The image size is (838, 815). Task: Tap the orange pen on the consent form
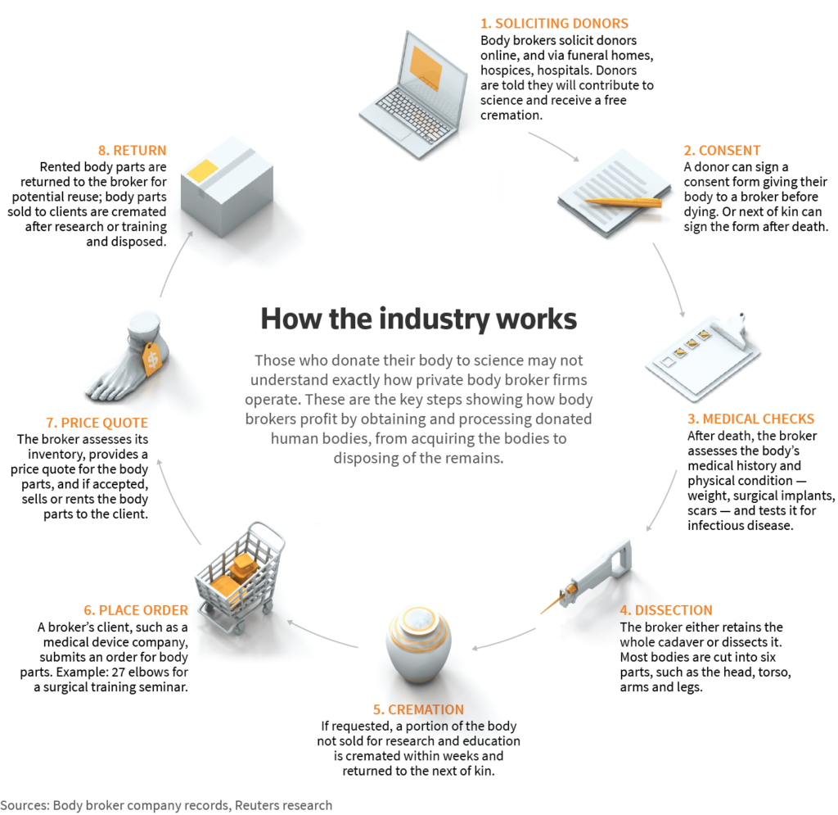click(623, 202)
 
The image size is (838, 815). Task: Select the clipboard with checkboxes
click(703, 357)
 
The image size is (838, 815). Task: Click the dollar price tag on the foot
click(152, 359)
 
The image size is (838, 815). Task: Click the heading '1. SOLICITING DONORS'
click(554, 24)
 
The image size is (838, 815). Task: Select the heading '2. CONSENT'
click(722, 150)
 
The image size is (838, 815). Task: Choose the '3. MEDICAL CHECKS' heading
click(751, 419)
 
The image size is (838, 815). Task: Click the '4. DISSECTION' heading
click(666, 610)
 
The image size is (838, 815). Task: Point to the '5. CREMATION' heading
click(418, 709)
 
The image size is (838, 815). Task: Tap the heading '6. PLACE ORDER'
click(136, 610)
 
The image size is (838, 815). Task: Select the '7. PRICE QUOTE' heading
click(97, 423)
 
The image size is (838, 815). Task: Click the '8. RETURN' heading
click(132, 150)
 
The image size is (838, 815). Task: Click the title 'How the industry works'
click(418, 319)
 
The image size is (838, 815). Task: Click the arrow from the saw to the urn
click(503, 641)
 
